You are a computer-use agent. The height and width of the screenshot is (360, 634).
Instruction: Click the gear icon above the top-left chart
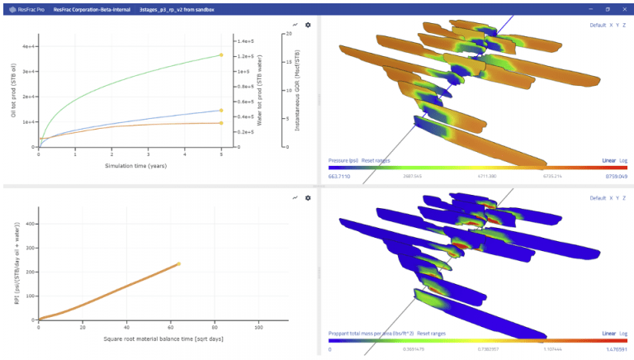pos(308,25)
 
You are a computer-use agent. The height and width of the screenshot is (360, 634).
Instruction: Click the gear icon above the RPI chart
pos(308,198)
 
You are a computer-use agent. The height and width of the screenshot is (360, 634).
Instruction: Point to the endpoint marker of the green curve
pos(221,55)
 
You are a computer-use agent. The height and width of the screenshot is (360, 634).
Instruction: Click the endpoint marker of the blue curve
pos(221,110)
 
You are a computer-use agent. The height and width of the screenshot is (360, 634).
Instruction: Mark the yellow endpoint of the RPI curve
pos(178,264)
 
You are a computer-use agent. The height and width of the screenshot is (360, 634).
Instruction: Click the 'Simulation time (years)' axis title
pos(130,166)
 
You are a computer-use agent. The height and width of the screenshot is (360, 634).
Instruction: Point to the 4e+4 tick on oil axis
pos(27,46)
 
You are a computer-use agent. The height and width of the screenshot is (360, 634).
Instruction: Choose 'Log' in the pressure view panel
pos(623,160)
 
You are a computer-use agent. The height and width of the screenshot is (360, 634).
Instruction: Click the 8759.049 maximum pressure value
pos(615,176)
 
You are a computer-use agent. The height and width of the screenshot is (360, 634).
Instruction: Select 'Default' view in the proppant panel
pos(598,198)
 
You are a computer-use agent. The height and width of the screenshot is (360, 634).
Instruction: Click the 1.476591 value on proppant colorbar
pos(615,349)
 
